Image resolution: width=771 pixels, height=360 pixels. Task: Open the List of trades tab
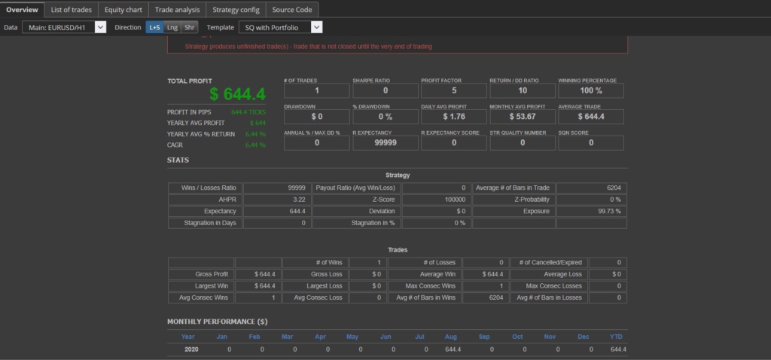(72, 9)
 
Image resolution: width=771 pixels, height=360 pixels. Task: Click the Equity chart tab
(123, 9)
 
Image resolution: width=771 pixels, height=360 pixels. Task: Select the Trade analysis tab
(177, 9)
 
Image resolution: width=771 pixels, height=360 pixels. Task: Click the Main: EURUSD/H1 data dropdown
(64, 27)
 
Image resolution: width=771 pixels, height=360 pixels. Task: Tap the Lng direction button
(172, 27)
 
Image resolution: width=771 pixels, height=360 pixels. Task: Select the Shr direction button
(190, 27)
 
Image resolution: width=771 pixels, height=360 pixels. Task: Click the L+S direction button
(154, 27)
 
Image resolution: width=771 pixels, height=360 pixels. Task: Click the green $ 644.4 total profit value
(237, 94)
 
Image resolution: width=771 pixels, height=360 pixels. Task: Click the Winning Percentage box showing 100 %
(591, 90)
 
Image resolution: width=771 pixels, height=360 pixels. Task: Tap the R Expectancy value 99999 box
(385, 142)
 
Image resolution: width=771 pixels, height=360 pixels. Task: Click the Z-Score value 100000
(437, 200)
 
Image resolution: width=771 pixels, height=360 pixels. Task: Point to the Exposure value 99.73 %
(592, 212)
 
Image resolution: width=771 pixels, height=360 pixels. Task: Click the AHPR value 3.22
(275, 200)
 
